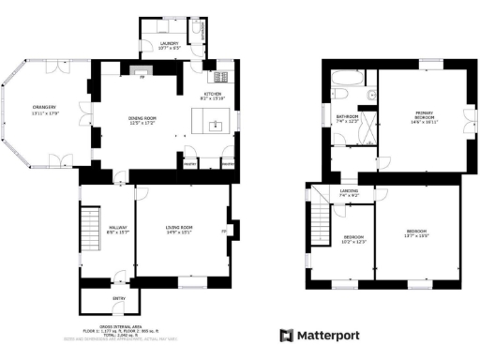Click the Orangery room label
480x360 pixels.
45,110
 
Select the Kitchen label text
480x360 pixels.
213,97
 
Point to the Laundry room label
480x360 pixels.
169,46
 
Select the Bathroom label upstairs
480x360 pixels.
348,119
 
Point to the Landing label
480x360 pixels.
349,193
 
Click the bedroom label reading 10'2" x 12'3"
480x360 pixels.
353,239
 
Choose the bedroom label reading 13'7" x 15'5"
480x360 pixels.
416,233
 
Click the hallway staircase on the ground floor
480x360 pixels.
92,229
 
